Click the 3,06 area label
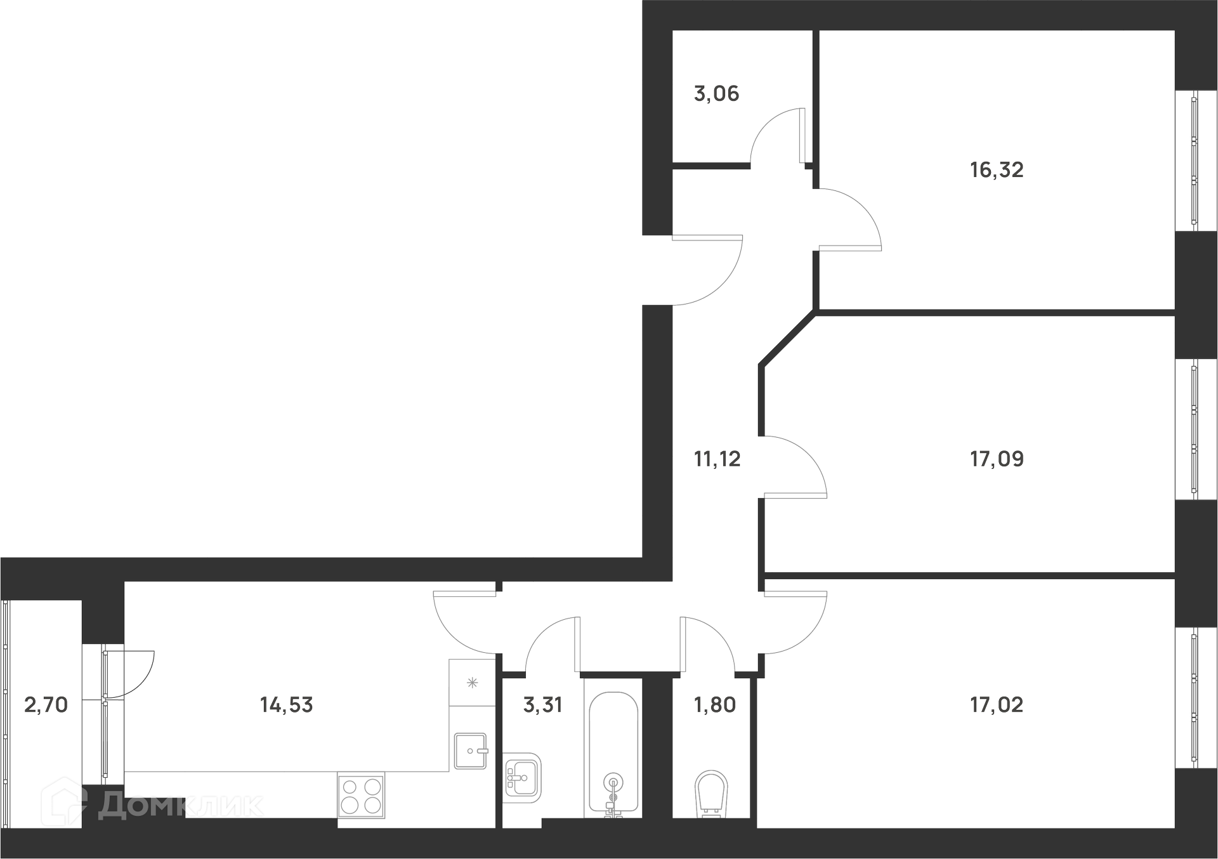(x=717, y=95)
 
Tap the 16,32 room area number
(x=997, y=170)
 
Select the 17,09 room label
(x=997, y=459)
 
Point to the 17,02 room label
(x=997, y=705)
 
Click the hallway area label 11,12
(x=717, y=459)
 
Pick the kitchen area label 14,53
(x=287, y=705)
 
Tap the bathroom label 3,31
(x=543, y=705)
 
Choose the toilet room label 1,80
(x=716, y=705)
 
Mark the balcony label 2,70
(x=46, y=705)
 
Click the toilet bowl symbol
(x=711, y=794)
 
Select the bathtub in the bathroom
(x=613, y=753)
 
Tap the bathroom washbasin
(x=522, y=777)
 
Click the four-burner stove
(x=361, y=796)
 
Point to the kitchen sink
(x=471, y=751)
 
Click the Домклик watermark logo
(x=152, y=804)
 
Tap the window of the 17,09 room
(x=1195, y=429)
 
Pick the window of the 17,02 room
(x=1195, y=698)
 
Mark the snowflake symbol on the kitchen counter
(x=472, y=683)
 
